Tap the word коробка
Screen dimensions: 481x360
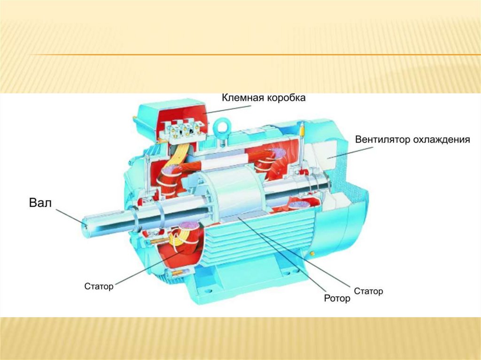point(286,98)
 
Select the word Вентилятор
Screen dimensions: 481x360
point(382,140)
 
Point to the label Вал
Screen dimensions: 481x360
point(39,203)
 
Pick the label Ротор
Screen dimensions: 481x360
point(337,298)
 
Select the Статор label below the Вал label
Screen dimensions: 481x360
point(99,286)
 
